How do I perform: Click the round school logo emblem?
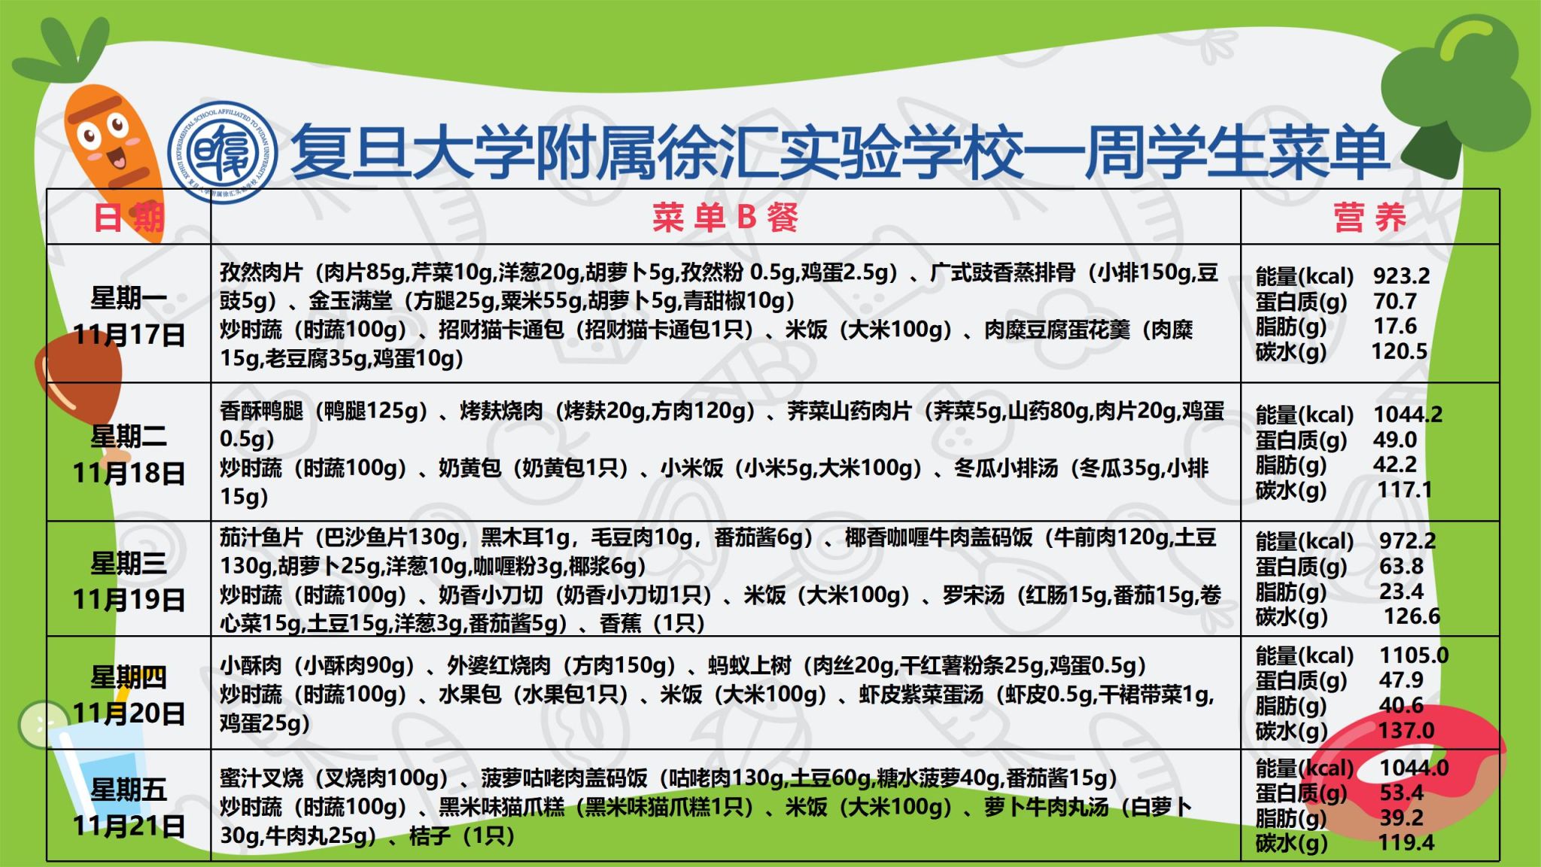222,152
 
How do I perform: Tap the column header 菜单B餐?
725,218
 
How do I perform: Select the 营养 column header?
1369,218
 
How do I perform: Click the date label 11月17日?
129,334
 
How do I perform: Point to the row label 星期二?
129,437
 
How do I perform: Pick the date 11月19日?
129,599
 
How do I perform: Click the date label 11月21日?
129,826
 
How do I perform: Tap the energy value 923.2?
1401,276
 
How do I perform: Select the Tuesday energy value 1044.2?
1408,415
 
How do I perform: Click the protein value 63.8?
1401,566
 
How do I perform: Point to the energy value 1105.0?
1414,655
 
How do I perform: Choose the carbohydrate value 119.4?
1406,842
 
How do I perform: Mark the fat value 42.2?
1394,464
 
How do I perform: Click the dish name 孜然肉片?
261,272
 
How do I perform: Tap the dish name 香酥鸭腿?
261,410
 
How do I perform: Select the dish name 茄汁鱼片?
261,537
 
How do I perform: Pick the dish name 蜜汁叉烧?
261,777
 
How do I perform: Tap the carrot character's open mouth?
117,159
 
